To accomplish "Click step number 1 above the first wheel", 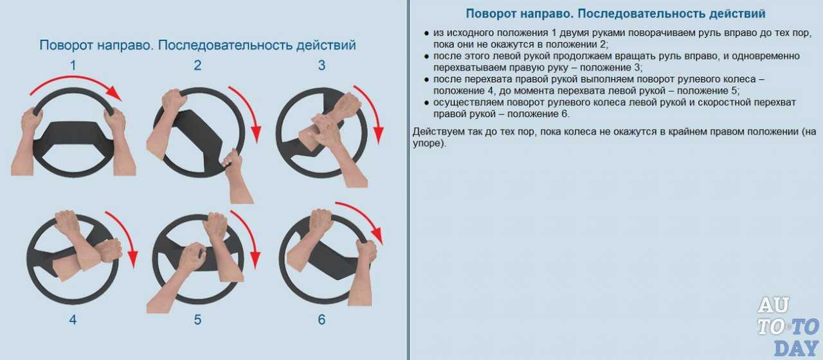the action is click(x=73, y=66).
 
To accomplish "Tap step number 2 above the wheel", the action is click(x=197, y=66).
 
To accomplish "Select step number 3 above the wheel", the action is click(x=322, y=66).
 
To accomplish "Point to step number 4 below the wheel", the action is click(x=73, y=319).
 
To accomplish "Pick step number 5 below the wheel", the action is click(x=197, y=319).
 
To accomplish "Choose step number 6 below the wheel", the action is click(x=322, y=319).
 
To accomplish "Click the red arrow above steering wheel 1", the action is click(x=75, y=78).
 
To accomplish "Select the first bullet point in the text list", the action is click(x=426, y=33).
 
